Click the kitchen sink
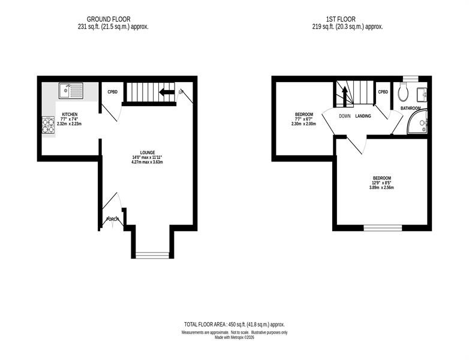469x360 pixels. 71,91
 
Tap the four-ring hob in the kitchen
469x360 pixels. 48,125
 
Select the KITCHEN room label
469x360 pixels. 70,115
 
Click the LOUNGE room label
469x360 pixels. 148,152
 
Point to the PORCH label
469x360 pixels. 113,219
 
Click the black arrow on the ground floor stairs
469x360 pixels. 167,92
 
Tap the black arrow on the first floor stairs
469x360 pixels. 345,97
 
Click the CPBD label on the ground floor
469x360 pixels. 113,92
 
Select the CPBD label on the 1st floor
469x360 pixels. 383,92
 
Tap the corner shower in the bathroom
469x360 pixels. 417,122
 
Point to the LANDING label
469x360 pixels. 363,116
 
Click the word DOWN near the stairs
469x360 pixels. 345,116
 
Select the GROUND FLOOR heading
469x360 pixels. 109,19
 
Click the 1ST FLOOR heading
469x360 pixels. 341,19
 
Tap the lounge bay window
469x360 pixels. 152,255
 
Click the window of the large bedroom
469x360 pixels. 383,228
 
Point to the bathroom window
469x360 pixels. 410,79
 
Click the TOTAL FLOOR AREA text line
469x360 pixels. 235,325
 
